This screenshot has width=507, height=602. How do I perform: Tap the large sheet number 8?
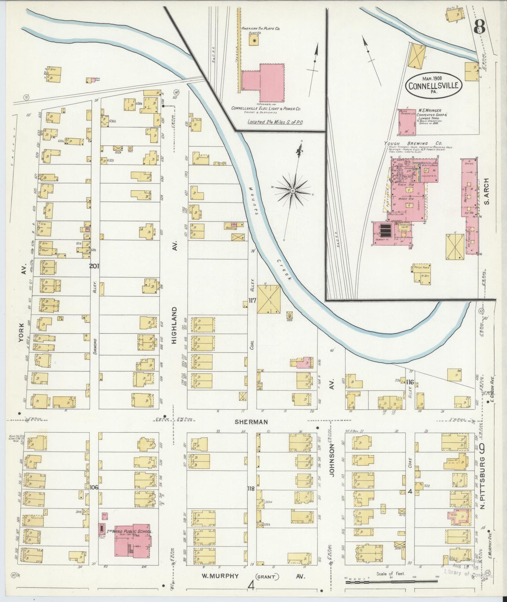pos(480,27)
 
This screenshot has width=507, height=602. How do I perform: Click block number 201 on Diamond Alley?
pos(94,266)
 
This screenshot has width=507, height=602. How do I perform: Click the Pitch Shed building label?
pos(421,268)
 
